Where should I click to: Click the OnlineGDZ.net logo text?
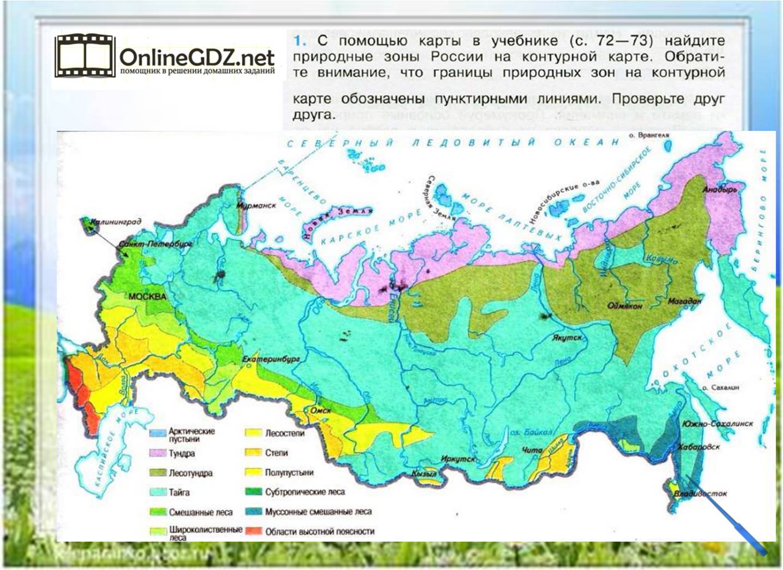point(196,57)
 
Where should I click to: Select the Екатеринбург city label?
point(271,360)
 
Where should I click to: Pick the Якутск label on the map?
point(567,338)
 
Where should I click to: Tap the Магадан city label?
point(683,301)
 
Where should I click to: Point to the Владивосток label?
point(700,494)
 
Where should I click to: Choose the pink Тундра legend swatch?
point(158,453)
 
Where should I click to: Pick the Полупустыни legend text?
point(289,472)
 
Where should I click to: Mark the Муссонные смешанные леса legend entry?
point(318,512)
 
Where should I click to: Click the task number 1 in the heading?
point(297,41)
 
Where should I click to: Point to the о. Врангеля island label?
point(649,135)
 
